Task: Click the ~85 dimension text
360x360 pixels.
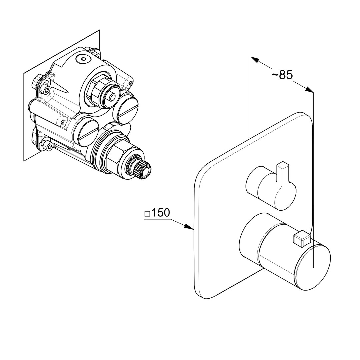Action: (282, 75)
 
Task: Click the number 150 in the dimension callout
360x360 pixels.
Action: (160, 213)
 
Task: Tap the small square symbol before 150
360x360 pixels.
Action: (147, 214)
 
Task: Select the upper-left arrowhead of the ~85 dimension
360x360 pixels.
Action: (255, 59)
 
